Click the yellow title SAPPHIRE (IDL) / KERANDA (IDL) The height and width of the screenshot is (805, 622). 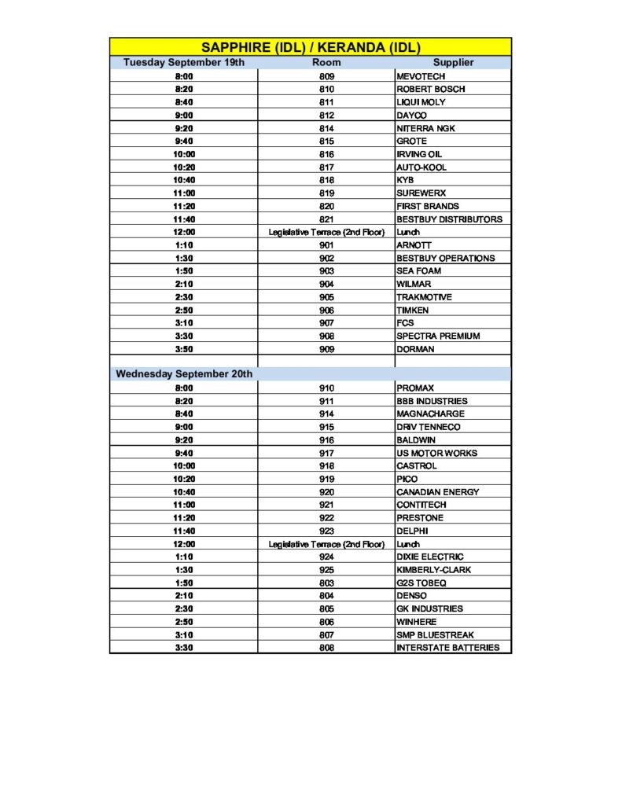coord(310,47)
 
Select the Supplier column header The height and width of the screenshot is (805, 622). coord(453,62)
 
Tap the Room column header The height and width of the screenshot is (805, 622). coord(326,62)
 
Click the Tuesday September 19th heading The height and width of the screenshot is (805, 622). coord(183,62)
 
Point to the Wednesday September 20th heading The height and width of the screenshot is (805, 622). coord(184,374)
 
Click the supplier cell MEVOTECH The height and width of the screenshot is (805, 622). coord(421,76)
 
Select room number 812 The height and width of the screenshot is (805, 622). coord(326,116)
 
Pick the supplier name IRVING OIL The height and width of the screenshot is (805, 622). coord(419,154)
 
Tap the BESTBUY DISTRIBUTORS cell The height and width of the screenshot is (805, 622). coord(449,219)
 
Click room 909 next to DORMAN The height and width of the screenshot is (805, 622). coord(326,349)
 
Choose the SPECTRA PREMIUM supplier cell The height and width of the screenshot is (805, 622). coord(436,336)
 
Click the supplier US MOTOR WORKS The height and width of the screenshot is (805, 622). coord(436,453)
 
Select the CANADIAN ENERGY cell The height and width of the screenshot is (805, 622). coord(437,492)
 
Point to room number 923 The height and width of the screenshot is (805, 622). coord(326,531)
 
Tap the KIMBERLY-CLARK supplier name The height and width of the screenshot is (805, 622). coord(434,570)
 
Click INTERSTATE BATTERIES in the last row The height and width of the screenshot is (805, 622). coord(447,648)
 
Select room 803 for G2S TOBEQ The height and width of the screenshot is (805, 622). coord(326,583)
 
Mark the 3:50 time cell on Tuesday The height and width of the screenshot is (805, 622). coord(184,349)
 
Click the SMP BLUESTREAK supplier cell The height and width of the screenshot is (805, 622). coord(435,634)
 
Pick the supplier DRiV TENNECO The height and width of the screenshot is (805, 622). coord(429,427)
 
